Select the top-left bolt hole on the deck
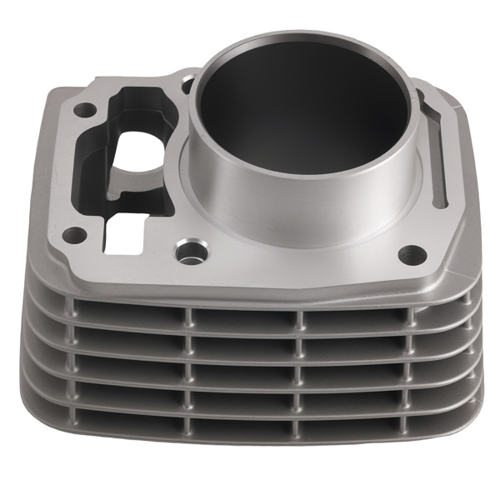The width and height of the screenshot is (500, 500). pyautogui.click(x=83, y=109)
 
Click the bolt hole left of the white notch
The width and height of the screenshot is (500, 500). pyautogui.click(x=73, y=233)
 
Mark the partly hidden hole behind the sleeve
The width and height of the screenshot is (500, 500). pyautogui.click(x=188, y=82)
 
